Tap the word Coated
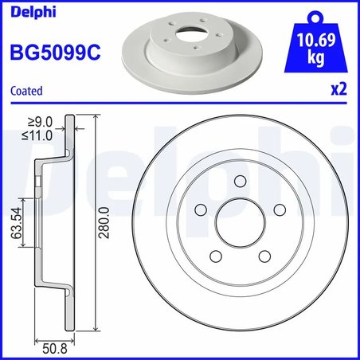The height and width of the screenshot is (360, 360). click(x=26, y=92)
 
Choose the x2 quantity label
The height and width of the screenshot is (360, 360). click(x=339, y=91)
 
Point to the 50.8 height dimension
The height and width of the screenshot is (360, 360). click(x=53, y=347)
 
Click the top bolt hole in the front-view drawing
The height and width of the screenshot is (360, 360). click(x=239, y=182)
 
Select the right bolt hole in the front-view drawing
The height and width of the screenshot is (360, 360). click(x=279, y=210)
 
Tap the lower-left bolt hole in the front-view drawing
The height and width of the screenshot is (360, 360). click(x=214, y=256)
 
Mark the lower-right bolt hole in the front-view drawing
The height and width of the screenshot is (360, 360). click(x=264, y=256)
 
